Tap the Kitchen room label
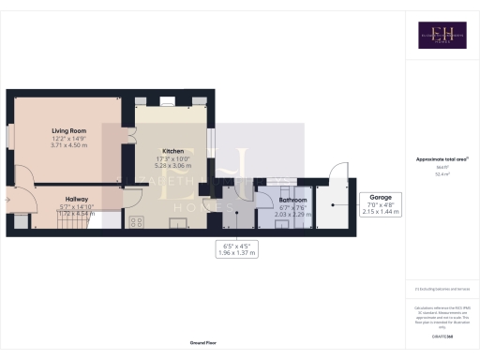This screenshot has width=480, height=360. tap(172, 151)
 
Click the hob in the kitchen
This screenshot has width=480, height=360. tap(135, 222)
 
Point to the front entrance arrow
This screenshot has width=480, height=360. tap(7, 198)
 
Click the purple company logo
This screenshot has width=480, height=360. tap(442, 35)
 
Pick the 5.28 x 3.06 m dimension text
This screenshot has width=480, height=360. tap(172, 164)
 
